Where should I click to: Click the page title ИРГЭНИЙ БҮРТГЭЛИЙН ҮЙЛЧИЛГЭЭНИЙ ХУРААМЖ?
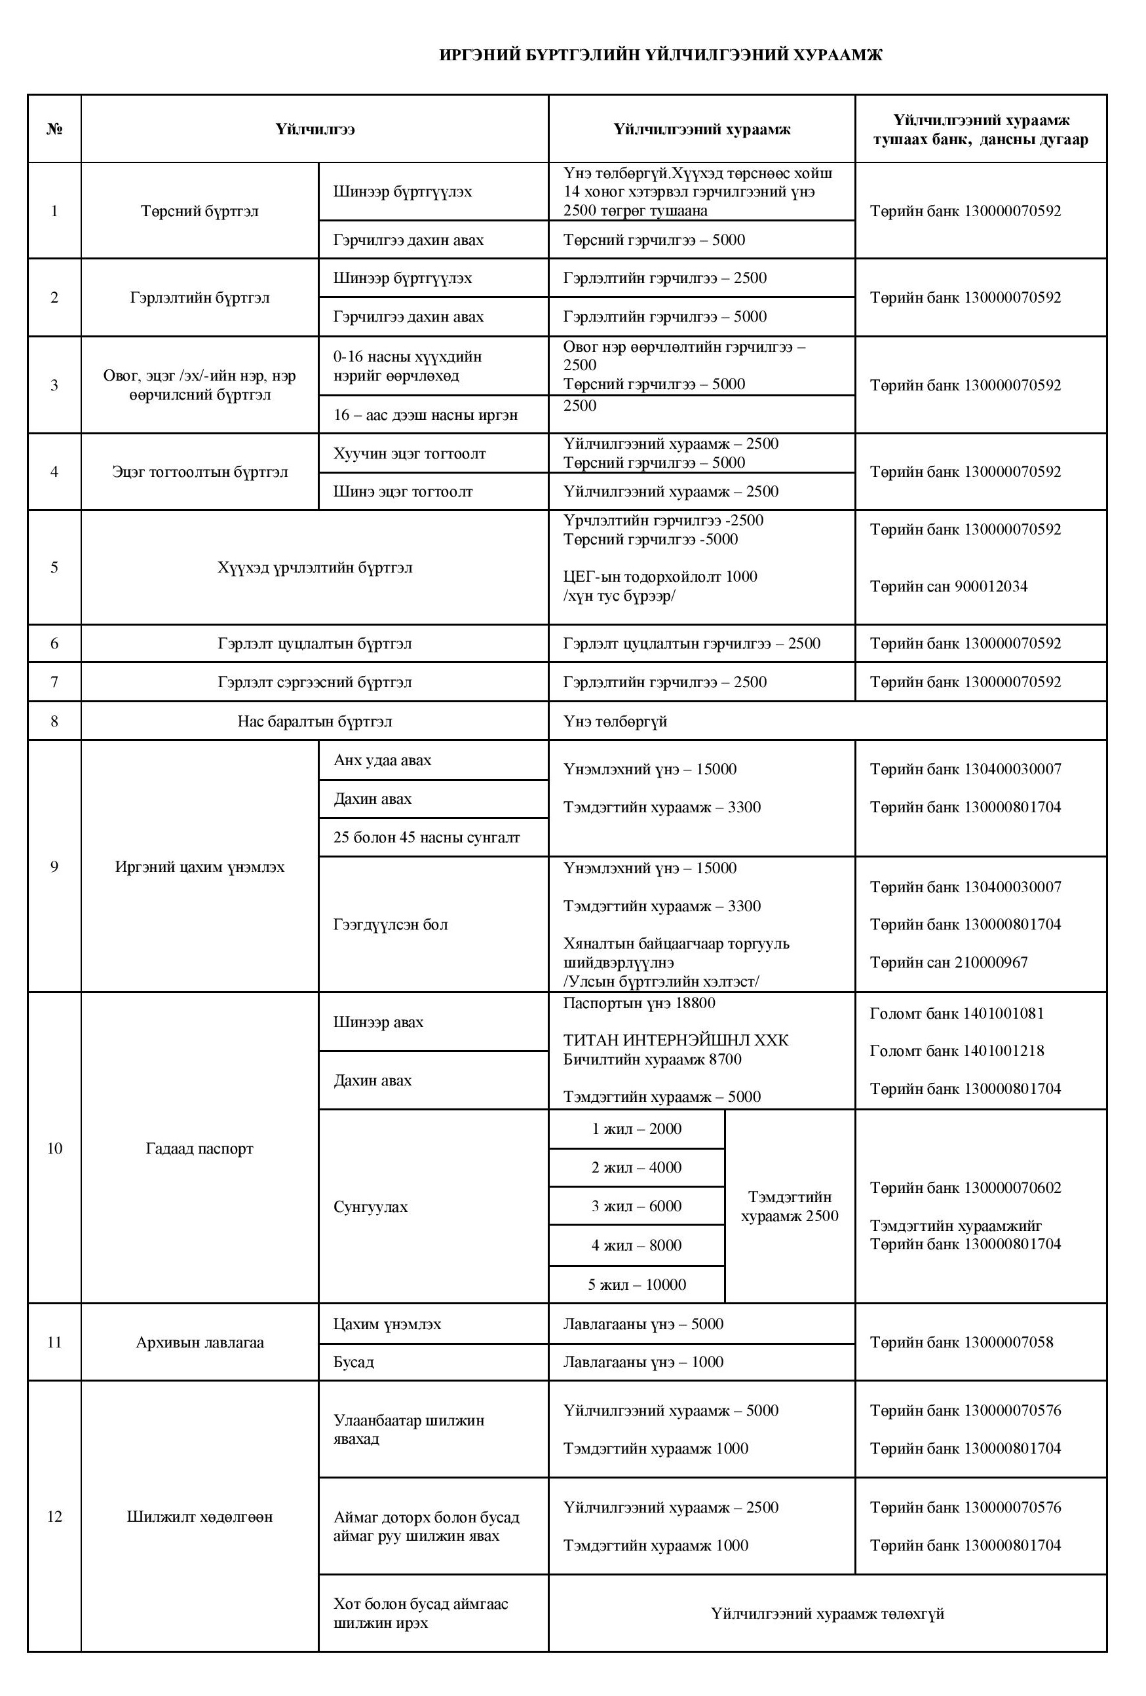pos(660,56)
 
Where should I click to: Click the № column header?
pos(54,129)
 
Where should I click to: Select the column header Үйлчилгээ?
pos(315,129)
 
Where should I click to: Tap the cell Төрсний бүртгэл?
pos(199,211)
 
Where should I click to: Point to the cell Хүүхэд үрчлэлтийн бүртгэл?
pos(315,567)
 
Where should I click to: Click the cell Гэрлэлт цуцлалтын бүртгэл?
pos(315,644)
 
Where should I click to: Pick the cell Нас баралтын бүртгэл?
pos(315,722)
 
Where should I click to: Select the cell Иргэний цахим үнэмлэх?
pos(199,867)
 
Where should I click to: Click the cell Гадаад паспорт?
pos(199,1148)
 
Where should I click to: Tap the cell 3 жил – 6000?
pos(636,1206)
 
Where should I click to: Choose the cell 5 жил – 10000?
pos(636,1285)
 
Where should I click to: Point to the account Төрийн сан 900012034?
pos(948,587)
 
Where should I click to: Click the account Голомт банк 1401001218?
pos(956,1051)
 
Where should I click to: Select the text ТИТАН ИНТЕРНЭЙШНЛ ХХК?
pos(675,1040)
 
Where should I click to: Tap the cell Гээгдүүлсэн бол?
pos(391,924)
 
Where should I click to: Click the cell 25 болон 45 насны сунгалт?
pos(427,837)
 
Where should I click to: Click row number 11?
pos(54,1343)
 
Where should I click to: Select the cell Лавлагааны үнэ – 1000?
pos(643,1362)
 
